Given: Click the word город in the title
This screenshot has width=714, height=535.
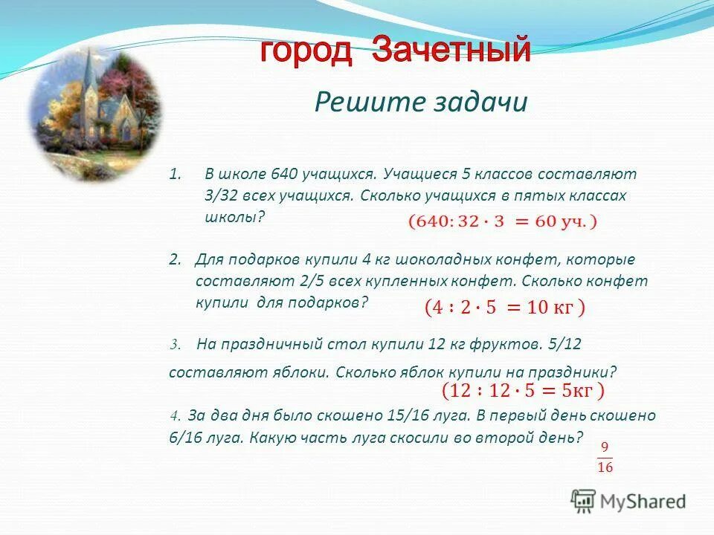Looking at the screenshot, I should [x=306, y=51].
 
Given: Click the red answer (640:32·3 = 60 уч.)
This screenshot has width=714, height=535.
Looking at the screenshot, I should [x=501, y=221].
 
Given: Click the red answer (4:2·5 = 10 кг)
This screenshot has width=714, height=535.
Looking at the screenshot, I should [x=504, y=307].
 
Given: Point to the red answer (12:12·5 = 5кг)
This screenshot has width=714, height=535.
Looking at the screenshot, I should [x=523, y=390].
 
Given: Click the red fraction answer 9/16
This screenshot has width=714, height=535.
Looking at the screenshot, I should [x=605, y=456].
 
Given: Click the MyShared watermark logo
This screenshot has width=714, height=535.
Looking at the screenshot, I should [x=628, y=500].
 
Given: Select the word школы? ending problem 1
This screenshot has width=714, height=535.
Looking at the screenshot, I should [x=234, y=217].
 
